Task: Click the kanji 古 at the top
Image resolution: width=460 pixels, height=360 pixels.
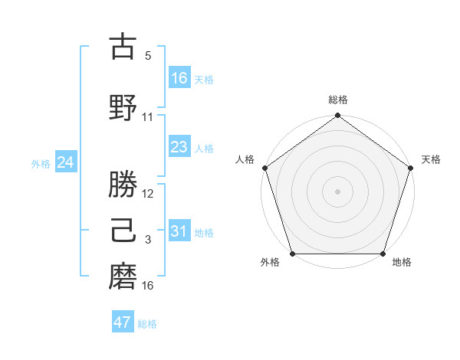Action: tap(123, 47)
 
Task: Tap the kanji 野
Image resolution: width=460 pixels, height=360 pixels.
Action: tap(123, 106)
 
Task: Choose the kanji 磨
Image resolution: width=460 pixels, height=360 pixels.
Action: tap(123, 276)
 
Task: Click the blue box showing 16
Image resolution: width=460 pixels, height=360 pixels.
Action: tap(179, 77)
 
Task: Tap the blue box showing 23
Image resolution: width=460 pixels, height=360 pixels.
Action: tap(179, 147)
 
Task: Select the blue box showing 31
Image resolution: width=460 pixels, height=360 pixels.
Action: tap(179, 231)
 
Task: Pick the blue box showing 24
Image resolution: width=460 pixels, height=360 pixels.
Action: tap(66, 162)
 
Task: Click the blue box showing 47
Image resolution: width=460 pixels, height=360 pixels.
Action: tap(123, 322)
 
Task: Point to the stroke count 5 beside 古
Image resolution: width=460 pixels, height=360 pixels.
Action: tap(148, 56)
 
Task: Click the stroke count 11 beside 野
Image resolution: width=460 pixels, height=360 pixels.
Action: tap(148, 117)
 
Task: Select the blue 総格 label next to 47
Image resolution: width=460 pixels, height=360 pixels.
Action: tap(147, 324)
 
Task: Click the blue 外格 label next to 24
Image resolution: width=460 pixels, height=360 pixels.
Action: tap(41, 163)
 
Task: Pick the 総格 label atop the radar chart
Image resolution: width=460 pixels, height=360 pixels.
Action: tap(337, 100)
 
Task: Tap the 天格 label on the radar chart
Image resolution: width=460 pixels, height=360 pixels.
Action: tap(431, 159)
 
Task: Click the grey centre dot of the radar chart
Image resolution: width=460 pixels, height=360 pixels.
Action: tap(337, 191)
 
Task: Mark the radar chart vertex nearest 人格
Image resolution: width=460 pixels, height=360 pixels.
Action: tap(265, 168)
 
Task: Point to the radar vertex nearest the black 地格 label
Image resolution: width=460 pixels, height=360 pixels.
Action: tap(382, 254)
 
